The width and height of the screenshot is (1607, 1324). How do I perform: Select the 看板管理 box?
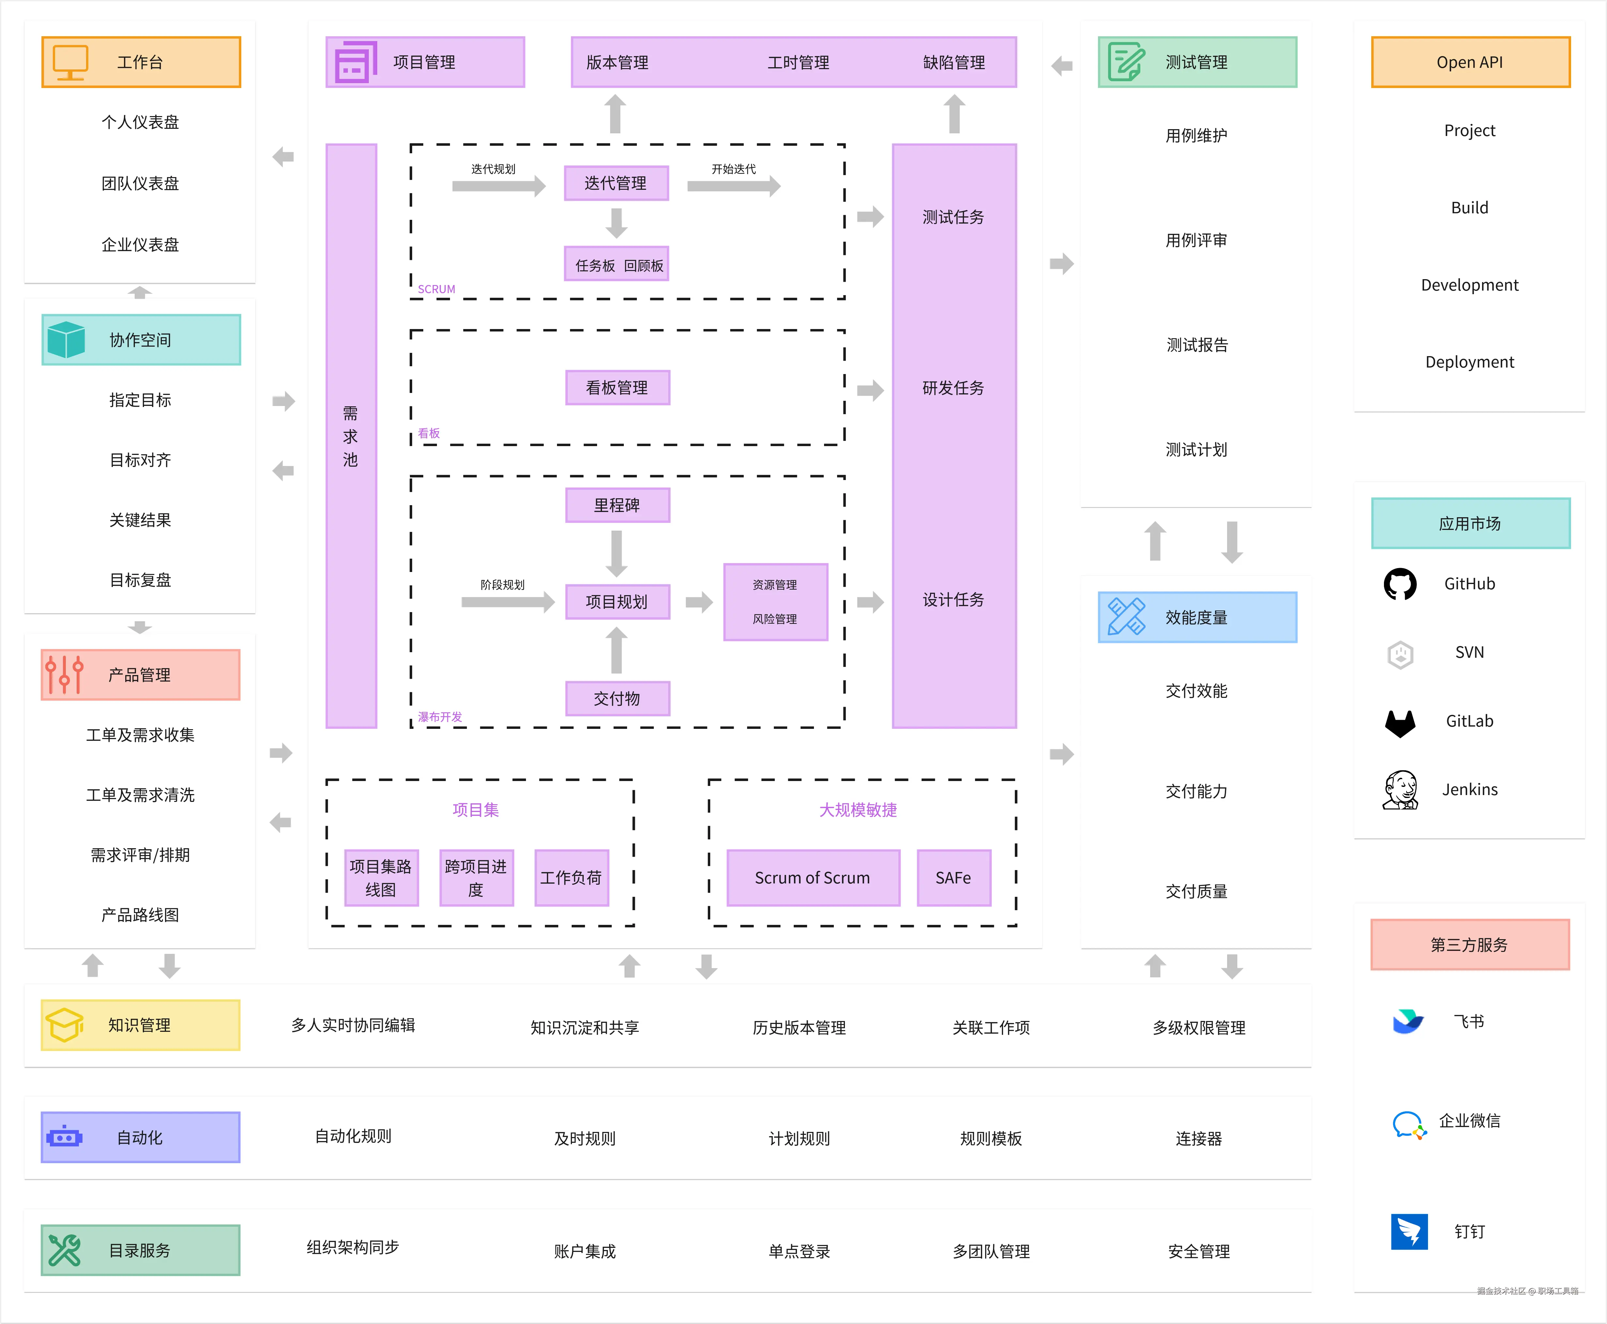click(x=617, y=387)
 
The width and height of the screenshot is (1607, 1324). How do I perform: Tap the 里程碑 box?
click(x=617, y=505)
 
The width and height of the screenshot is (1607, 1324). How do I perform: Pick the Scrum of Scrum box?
click(x=812, y=878)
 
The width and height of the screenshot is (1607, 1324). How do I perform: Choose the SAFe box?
click(x=954, y=878)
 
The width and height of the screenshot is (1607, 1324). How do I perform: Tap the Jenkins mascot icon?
click(x=1400, y=790)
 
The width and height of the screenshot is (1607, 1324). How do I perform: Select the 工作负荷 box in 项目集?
click(x=571, y=878)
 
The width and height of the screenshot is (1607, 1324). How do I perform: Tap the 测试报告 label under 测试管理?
click(x=1197, y=345)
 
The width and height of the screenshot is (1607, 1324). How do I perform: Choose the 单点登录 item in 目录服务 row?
click(x=799, y=1251)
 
